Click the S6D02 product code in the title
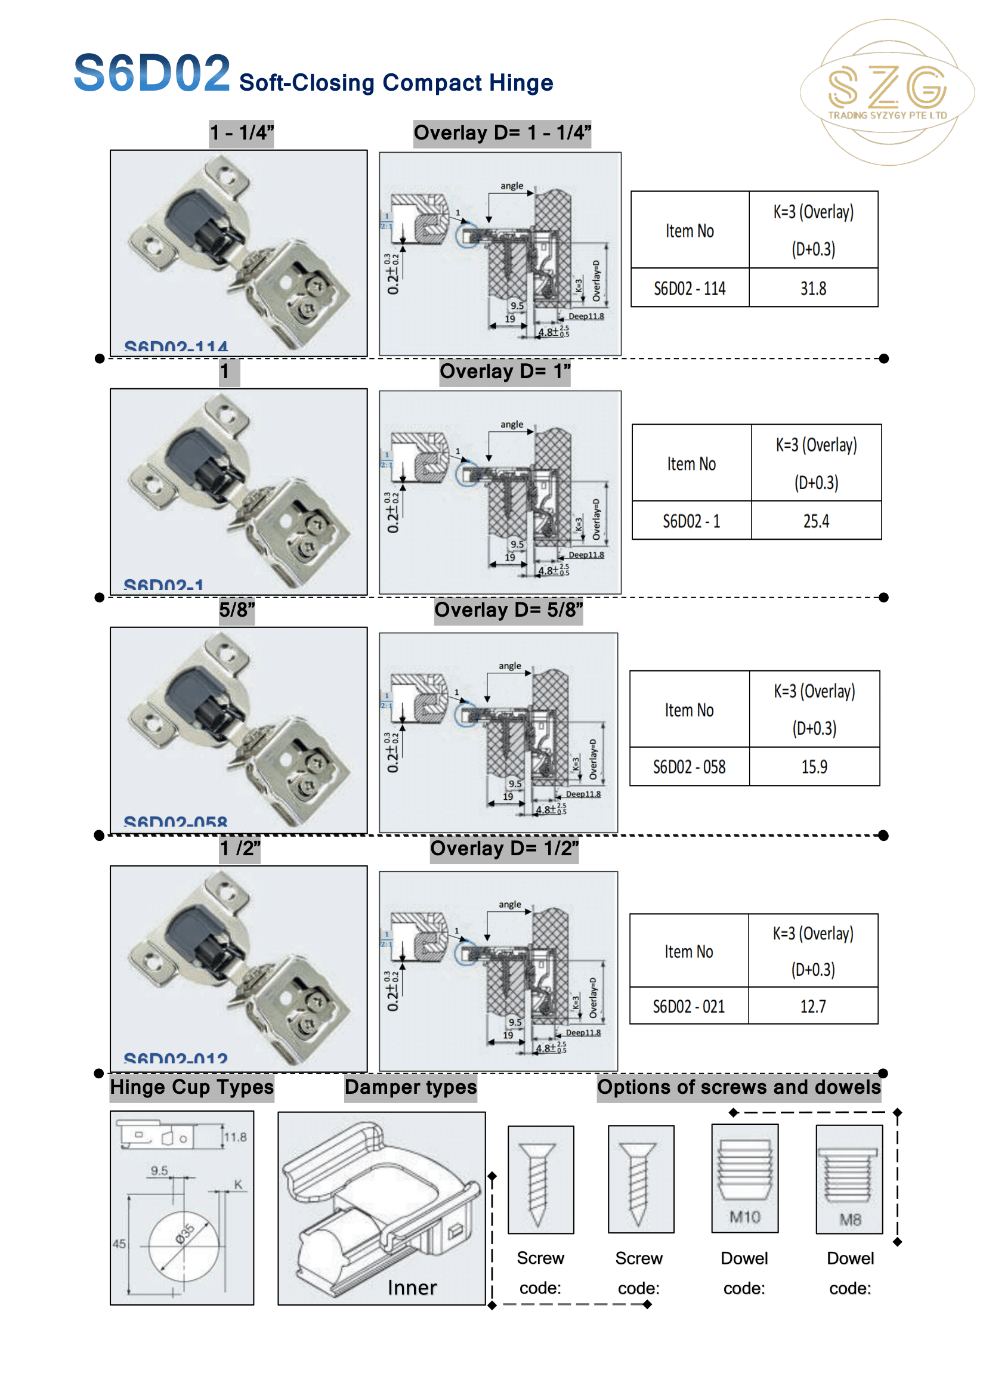[152, 73]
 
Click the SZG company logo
[887, 92]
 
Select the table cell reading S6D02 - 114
[690, 288]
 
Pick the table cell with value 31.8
[813, 288]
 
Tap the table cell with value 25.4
[816, 521]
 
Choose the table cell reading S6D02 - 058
[689, 767]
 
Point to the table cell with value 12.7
[813, 1006]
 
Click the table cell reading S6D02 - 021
[688, 1006]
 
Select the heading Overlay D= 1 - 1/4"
[502, 132]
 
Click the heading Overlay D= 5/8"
[508, 610]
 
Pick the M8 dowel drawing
[849, 1179]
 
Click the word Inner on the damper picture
[412, 1288]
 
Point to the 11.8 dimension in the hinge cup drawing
[235, 1137]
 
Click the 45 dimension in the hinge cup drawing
[119, 1244]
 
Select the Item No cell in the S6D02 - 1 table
[691, 463]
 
